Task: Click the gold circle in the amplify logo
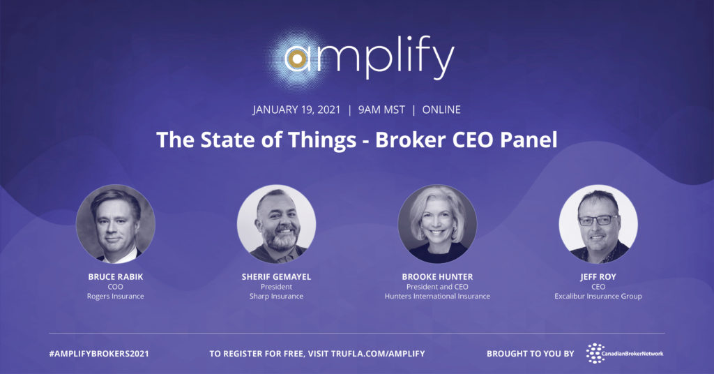point(297,60)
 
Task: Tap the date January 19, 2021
point(296,110)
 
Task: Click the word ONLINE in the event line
point(441,110)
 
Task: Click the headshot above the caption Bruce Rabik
point(116,223)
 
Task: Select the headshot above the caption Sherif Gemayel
point(276,223)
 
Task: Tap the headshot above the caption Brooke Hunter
point(437,223)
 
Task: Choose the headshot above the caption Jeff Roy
point(598,223)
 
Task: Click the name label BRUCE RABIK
point(116,277)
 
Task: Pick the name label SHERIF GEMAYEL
point(276,277)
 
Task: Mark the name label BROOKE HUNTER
point(437,277)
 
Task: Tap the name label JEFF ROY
point(598,277)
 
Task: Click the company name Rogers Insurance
point(116,297)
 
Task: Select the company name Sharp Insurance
point(276,297)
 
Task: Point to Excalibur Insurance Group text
point(598,297)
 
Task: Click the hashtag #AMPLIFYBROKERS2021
point(99,354)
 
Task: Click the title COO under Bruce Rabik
point(116,287)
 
